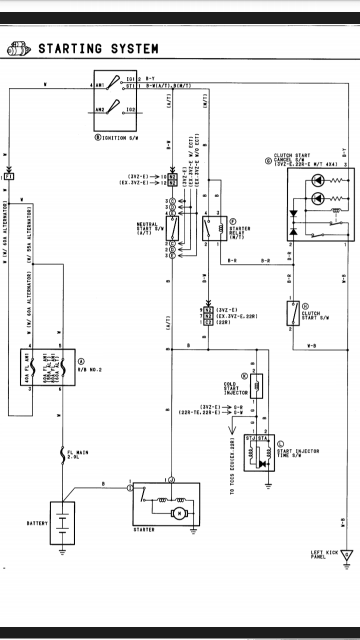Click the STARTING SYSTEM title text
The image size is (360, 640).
98,48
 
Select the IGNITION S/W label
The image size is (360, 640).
111,138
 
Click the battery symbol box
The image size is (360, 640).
62,522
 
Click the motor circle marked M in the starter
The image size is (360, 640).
178,513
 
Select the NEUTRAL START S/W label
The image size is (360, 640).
147,229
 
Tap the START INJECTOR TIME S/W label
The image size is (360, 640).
298,453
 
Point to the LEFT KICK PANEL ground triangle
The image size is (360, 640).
346,555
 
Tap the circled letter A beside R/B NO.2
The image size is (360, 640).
81,361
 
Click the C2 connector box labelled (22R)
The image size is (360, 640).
209,322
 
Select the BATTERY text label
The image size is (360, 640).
37,523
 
